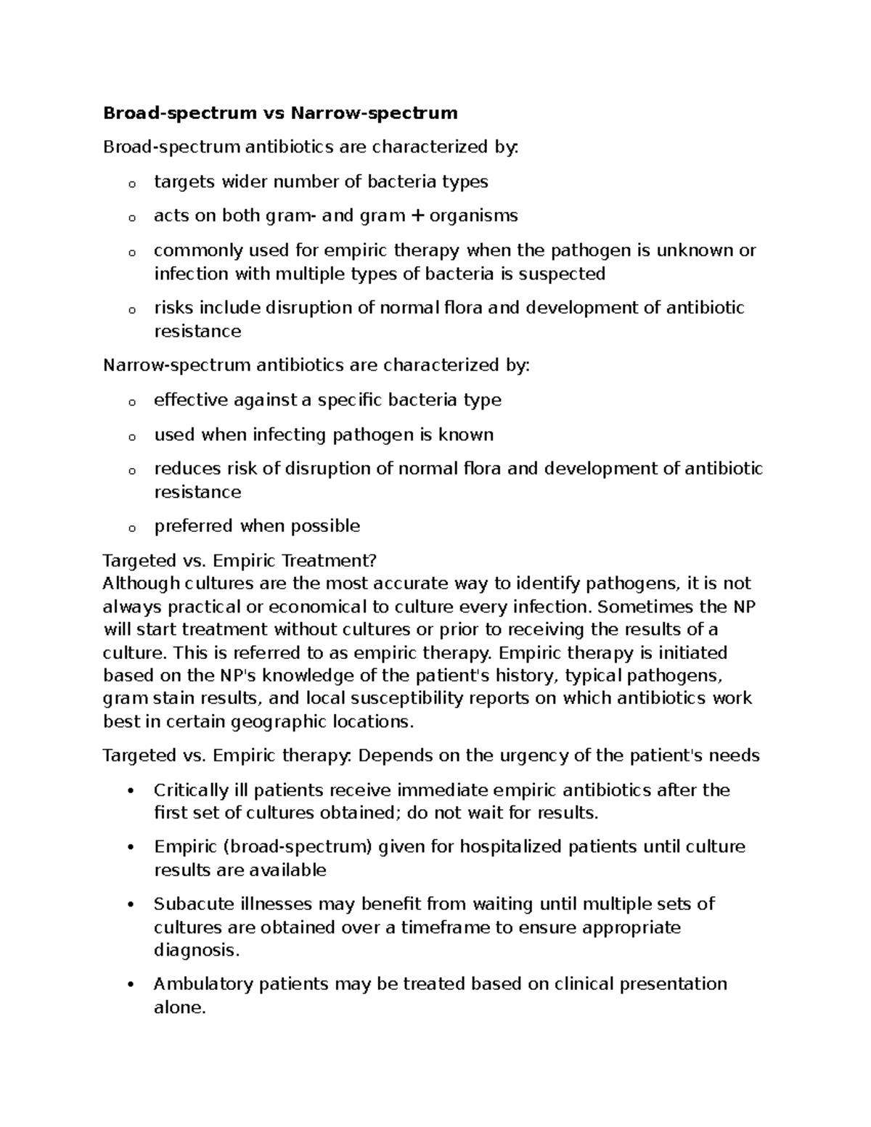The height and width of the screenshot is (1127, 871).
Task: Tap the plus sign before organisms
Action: coord(416,216)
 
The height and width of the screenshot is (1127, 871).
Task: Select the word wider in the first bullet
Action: coord(248,181)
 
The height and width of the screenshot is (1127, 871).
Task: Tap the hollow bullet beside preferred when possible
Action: coord(131,528)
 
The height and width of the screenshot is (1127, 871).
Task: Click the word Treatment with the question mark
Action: coord(330,561)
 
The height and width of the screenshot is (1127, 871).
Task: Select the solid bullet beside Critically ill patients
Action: coord(131,790)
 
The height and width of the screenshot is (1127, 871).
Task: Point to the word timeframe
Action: coord(442,927)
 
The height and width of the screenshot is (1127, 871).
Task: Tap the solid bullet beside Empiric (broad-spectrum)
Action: coord(131,848)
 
